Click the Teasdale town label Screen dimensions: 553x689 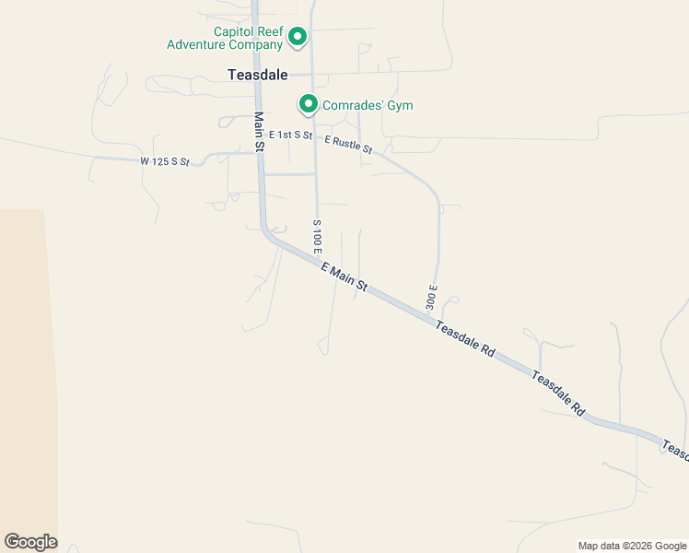pyautogui.click(x=258, y=75)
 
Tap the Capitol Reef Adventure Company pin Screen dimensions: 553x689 pyautogui.click(x=298, y=37)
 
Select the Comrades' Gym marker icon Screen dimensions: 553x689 pyautogui.click(x=308, y=104)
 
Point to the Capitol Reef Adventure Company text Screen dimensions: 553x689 pyautogui.click(x=224, y=37)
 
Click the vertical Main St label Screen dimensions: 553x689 pyautogui.click(x=260, y=132)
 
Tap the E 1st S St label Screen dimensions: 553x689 pyautogui.click(x=290, y=135)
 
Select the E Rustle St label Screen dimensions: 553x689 pyautogui.click(x=348, y=144)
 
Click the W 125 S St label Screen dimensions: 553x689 pyautogui.click(x=165, y=161)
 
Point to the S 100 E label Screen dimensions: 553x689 pyautogui.click(x=316, y=237)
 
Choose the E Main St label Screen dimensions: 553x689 pyautogui.click(x=344, y=277)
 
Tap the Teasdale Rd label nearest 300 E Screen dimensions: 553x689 pyautogui.click(x=466, y=340)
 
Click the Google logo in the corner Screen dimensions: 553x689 pyautogui.click(x=30, y=542)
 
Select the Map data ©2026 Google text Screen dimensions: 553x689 pyautogui.click(x=632, y=546)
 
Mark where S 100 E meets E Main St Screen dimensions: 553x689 pyautogui.click(x=318, y=259)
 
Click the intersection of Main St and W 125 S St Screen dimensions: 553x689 pyautogui.click(x=259, y=152)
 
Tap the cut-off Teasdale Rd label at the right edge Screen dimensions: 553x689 pyautogui.click(x=675, y=450)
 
